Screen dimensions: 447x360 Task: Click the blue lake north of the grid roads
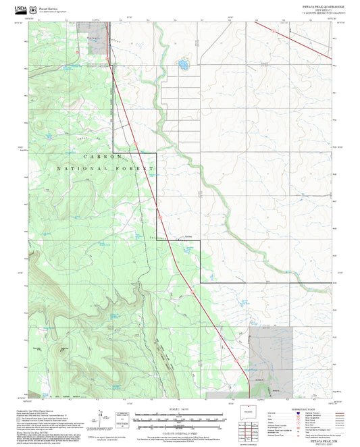182,65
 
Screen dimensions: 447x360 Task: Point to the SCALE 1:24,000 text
179,409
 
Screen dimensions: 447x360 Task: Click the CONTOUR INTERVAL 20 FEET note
179,431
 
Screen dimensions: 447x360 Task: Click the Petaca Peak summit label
63,348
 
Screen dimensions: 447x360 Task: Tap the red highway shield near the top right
273,30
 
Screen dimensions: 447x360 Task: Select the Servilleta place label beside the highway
190,237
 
